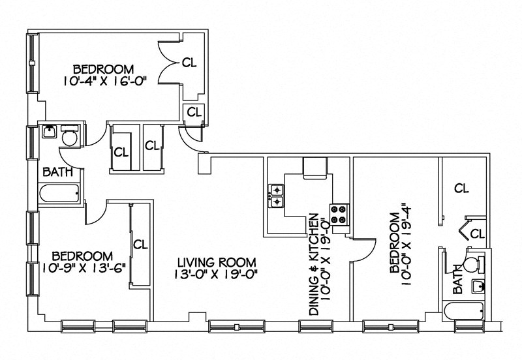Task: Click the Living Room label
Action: coord(217,262)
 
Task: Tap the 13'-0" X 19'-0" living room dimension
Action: coord(217,274)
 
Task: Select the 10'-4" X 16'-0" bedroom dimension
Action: coord(104,81)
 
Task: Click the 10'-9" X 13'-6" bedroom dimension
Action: coord(84,267)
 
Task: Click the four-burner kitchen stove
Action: coord(339,215)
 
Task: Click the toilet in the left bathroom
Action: coord(69,138)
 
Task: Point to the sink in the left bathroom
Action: coord(48,132)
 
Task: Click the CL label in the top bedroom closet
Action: coord(189,63)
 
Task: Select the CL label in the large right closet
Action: coord(461,188)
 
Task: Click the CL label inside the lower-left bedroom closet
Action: coord(140,245)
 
